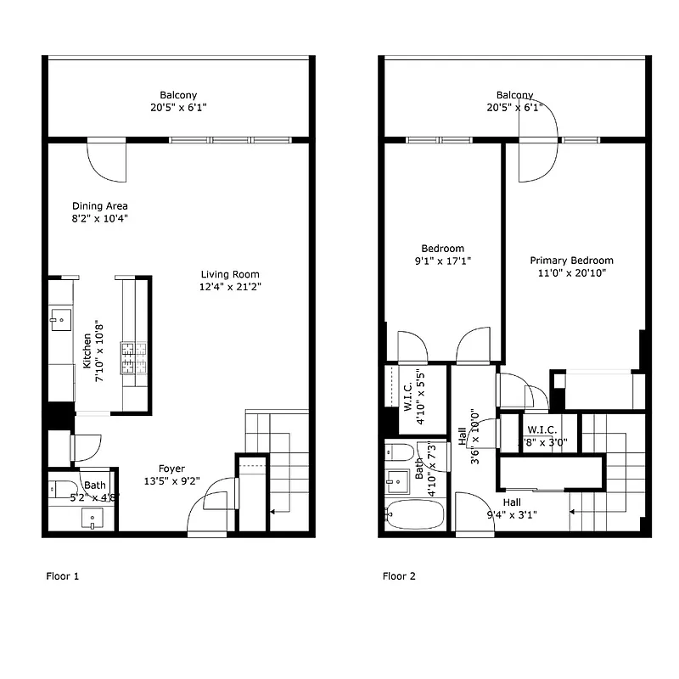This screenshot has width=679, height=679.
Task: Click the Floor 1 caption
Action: pos(62,576)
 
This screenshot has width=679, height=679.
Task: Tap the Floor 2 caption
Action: pos(399,576)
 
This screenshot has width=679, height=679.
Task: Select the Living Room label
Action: pos(230,274)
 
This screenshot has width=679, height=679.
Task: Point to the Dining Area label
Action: pos(100,206)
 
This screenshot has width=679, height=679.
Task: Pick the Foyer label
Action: pos(172,469)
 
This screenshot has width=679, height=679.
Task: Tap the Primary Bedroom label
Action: pos(571,261)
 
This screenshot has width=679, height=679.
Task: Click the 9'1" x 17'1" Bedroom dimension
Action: pos(442,261)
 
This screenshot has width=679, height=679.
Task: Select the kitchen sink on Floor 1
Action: pos(60,320)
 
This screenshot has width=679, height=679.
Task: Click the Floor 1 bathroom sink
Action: pos(93,519)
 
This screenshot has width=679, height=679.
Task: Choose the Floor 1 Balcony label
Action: pos(178,95)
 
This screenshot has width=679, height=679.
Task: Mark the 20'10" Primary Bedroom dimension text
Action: pos(571,274)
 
